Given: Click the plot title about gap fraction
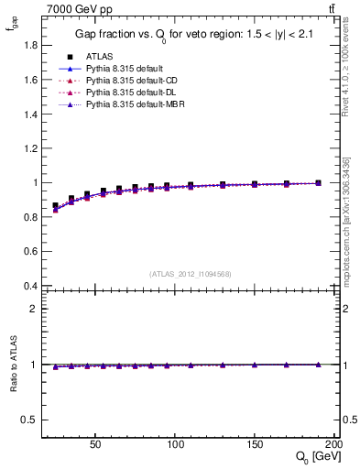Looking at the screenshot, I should point(190,36).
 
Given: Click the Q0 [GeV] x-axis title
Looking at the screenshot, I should point(316,456).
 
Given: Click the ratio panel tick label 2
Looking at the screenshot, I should point(33,309).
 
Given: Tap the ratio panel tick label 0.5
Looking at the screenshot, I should point(28,420).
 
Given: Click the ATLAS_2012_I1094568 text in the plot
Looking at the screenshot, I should point(189,273).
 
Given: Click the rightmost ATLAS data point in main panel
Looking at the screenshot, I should point(318,183).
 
